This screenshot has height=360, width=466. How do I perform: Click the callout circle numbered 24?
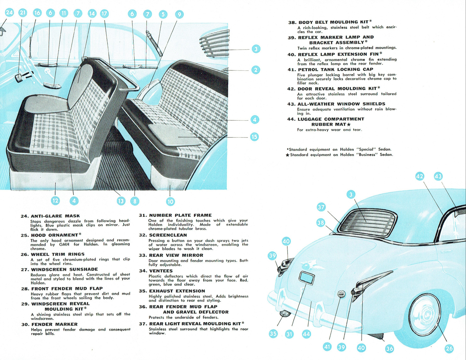click(9, 13)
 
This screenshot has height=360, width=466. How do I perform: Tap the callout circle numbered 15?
click(254, 137)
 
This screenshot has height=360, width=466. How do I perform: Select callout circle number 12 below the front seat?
click(55, 200)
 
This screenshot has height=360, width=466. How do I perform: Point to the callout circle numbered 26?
click(449, 348)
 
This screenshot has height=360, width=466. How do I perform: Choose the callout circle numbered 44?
click(306, 334)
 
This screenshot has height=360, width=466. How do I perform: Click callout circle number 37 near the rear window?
click(321, 207)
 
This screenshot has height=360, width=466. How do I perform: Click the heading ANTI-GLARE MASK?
click(55, 216)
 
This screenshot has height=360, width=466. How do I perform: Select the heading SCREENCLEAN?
click(168, 235)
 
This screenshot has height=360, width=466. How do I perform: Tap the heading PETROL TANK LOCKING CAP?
click(336, 69)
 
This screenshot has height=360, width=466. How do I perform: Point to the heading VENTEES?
click(161, 271)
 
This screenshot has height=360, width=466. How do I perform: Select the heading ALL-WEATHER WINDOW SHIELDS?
click(341, 104)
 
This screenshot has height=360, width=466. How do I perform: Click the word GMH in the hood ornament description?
click(64, 244)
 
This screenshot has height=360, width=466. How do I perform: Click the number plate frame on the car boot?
click(307, 278)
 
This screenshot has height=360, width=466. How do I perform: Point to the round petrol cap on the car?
click(341, 294)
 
